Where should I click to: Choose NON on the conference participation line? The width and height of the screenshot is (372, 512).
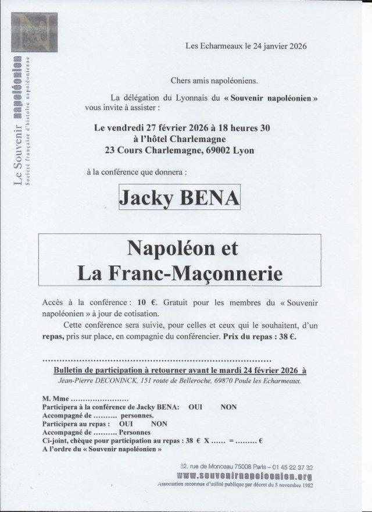[228, 408]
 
